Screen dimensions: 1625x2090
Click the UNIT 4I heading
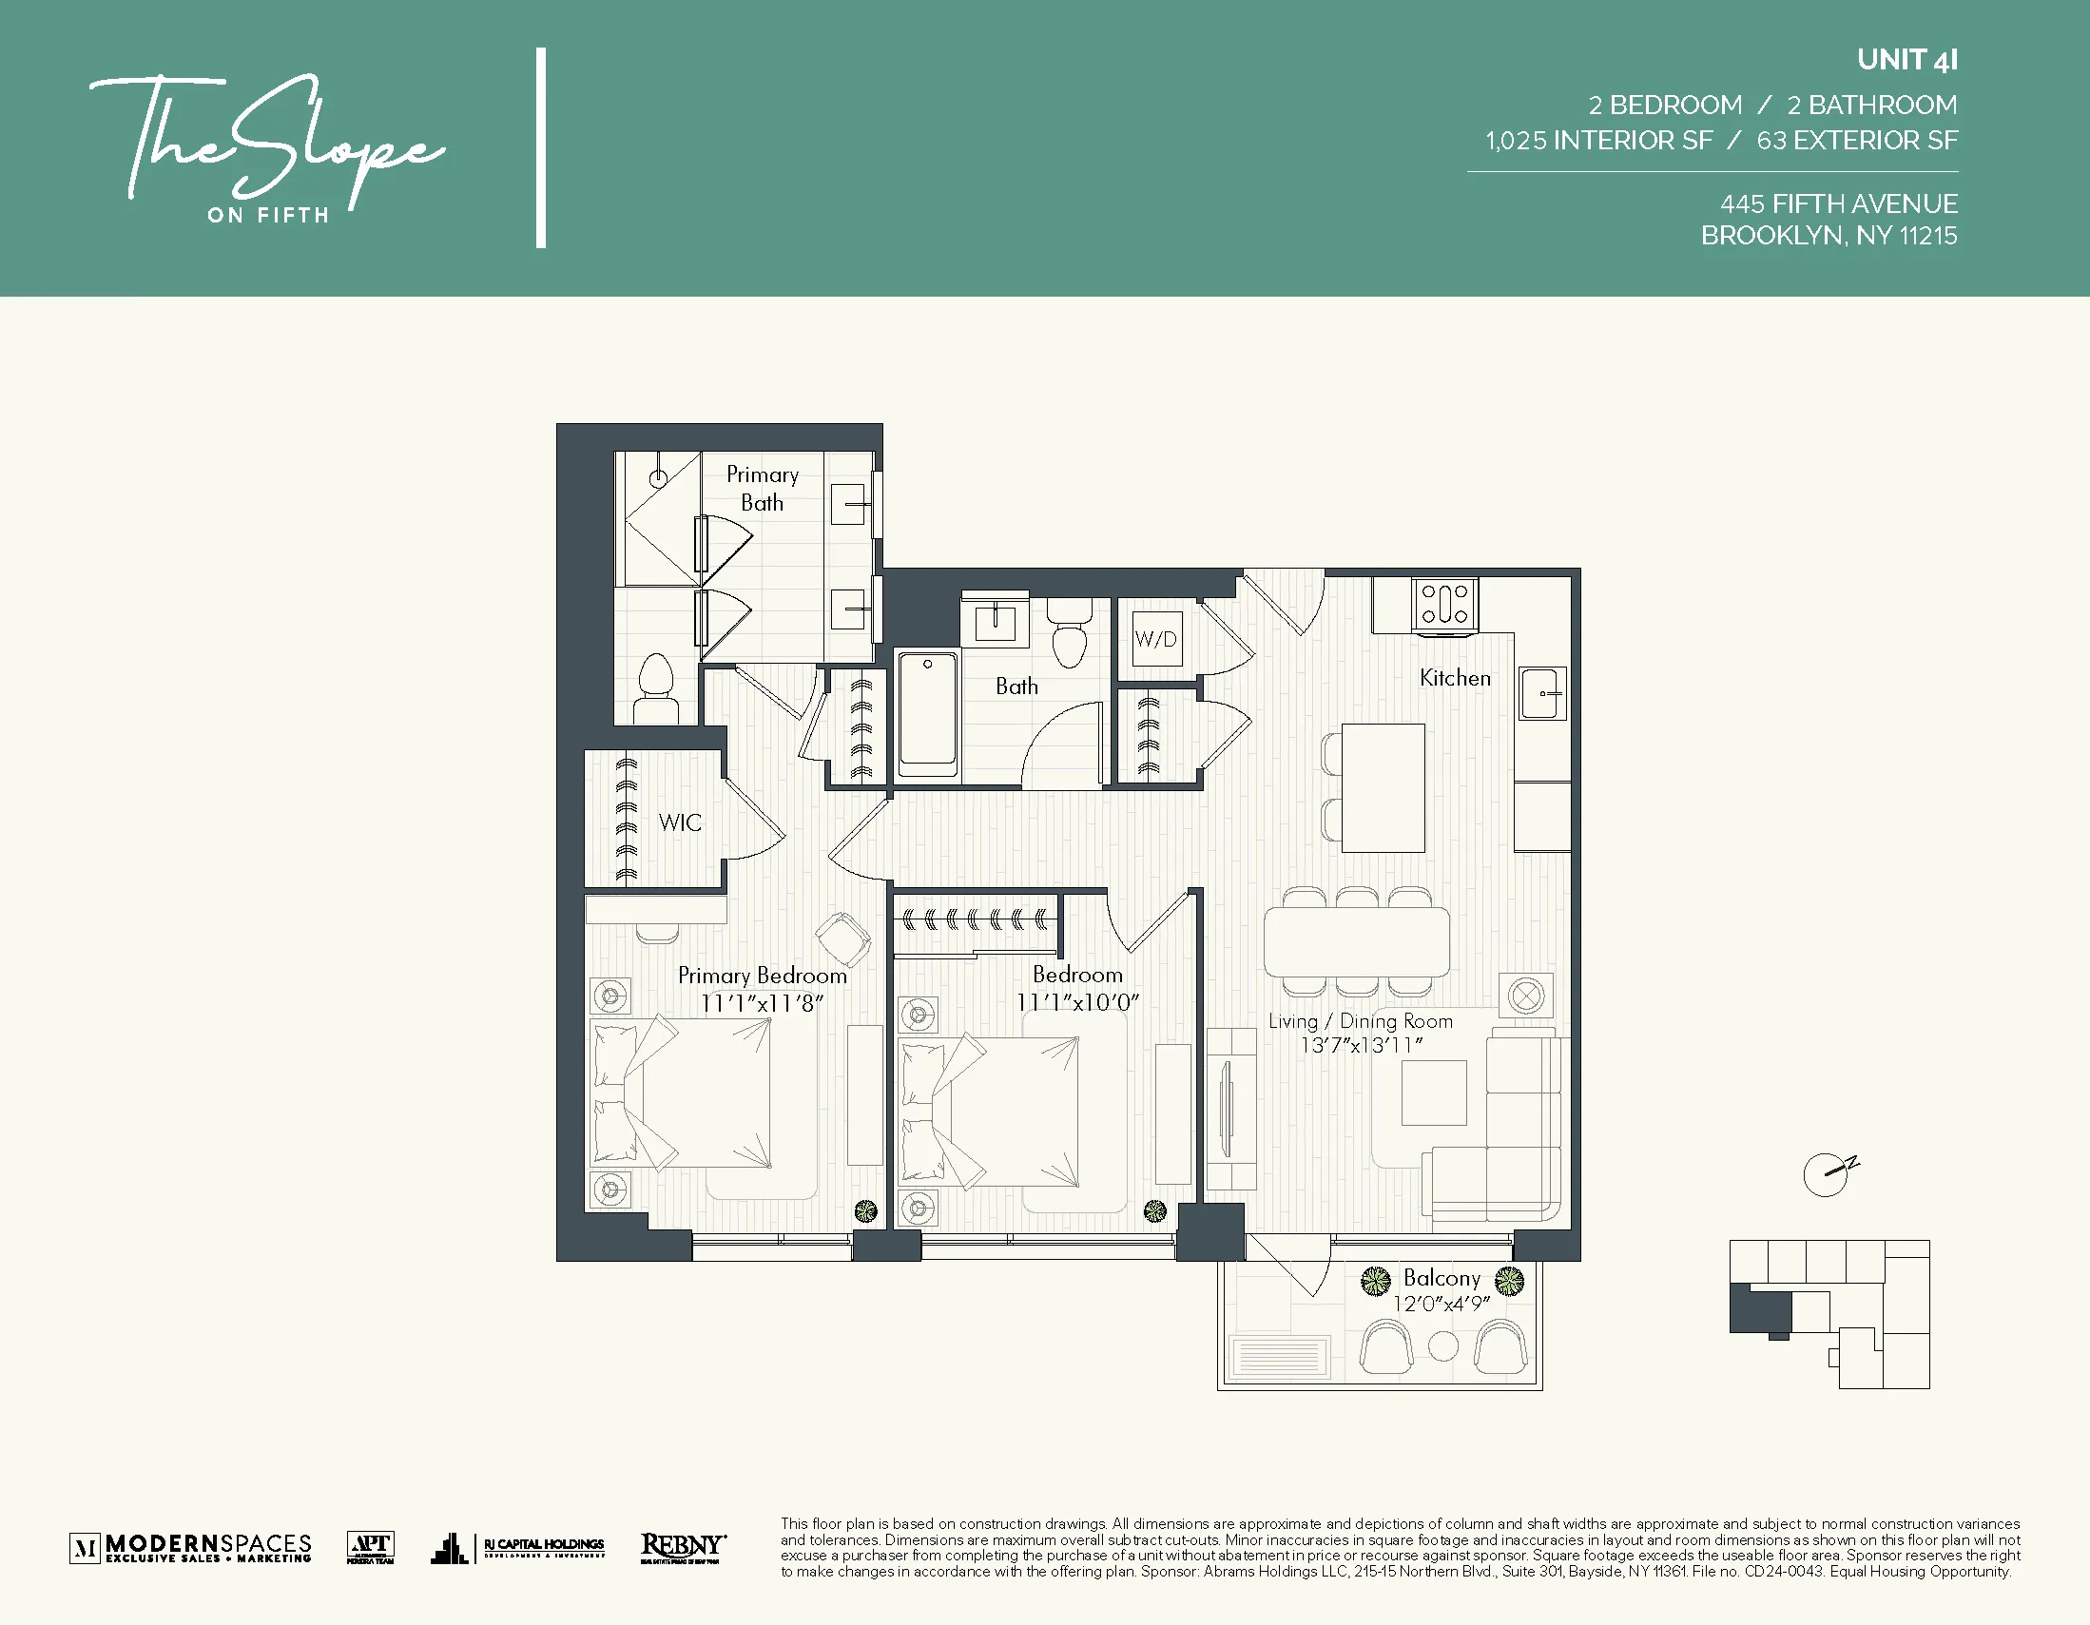coord(1906,60)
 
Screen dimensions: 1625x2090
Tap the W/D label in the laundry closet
coord(1155,639)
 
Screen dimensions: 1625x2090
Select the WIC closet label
coord(680,822)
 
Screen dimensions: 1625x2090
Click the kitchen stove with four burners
coord(1444,604)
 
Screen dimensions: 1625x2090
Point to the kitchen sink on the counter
coord(1541,693)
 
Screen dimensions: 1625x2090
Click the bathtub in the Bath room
coord(927,713)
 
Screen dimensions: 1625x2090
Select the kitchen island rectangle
coord(1382,787)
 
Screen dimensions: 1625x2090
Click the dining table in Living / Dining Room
coord(1356,941)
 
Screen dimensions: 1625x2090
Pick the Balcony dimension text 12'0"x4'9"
coord(1441,1305)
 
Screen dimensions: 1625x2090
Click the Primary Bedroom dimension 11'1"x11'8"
coord(762,1003)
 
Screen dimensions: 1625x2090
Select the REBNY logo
coord(683,1547)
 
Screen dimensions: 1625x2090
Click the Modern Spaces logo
coord(191,1547)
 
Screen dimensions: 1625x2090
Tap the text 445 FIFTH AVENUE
coord(1838,203)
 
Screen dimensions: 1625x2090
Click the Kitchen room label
coord(1455,678)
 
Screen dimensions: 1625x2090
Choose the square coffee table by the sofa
coord(1434,1093)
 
